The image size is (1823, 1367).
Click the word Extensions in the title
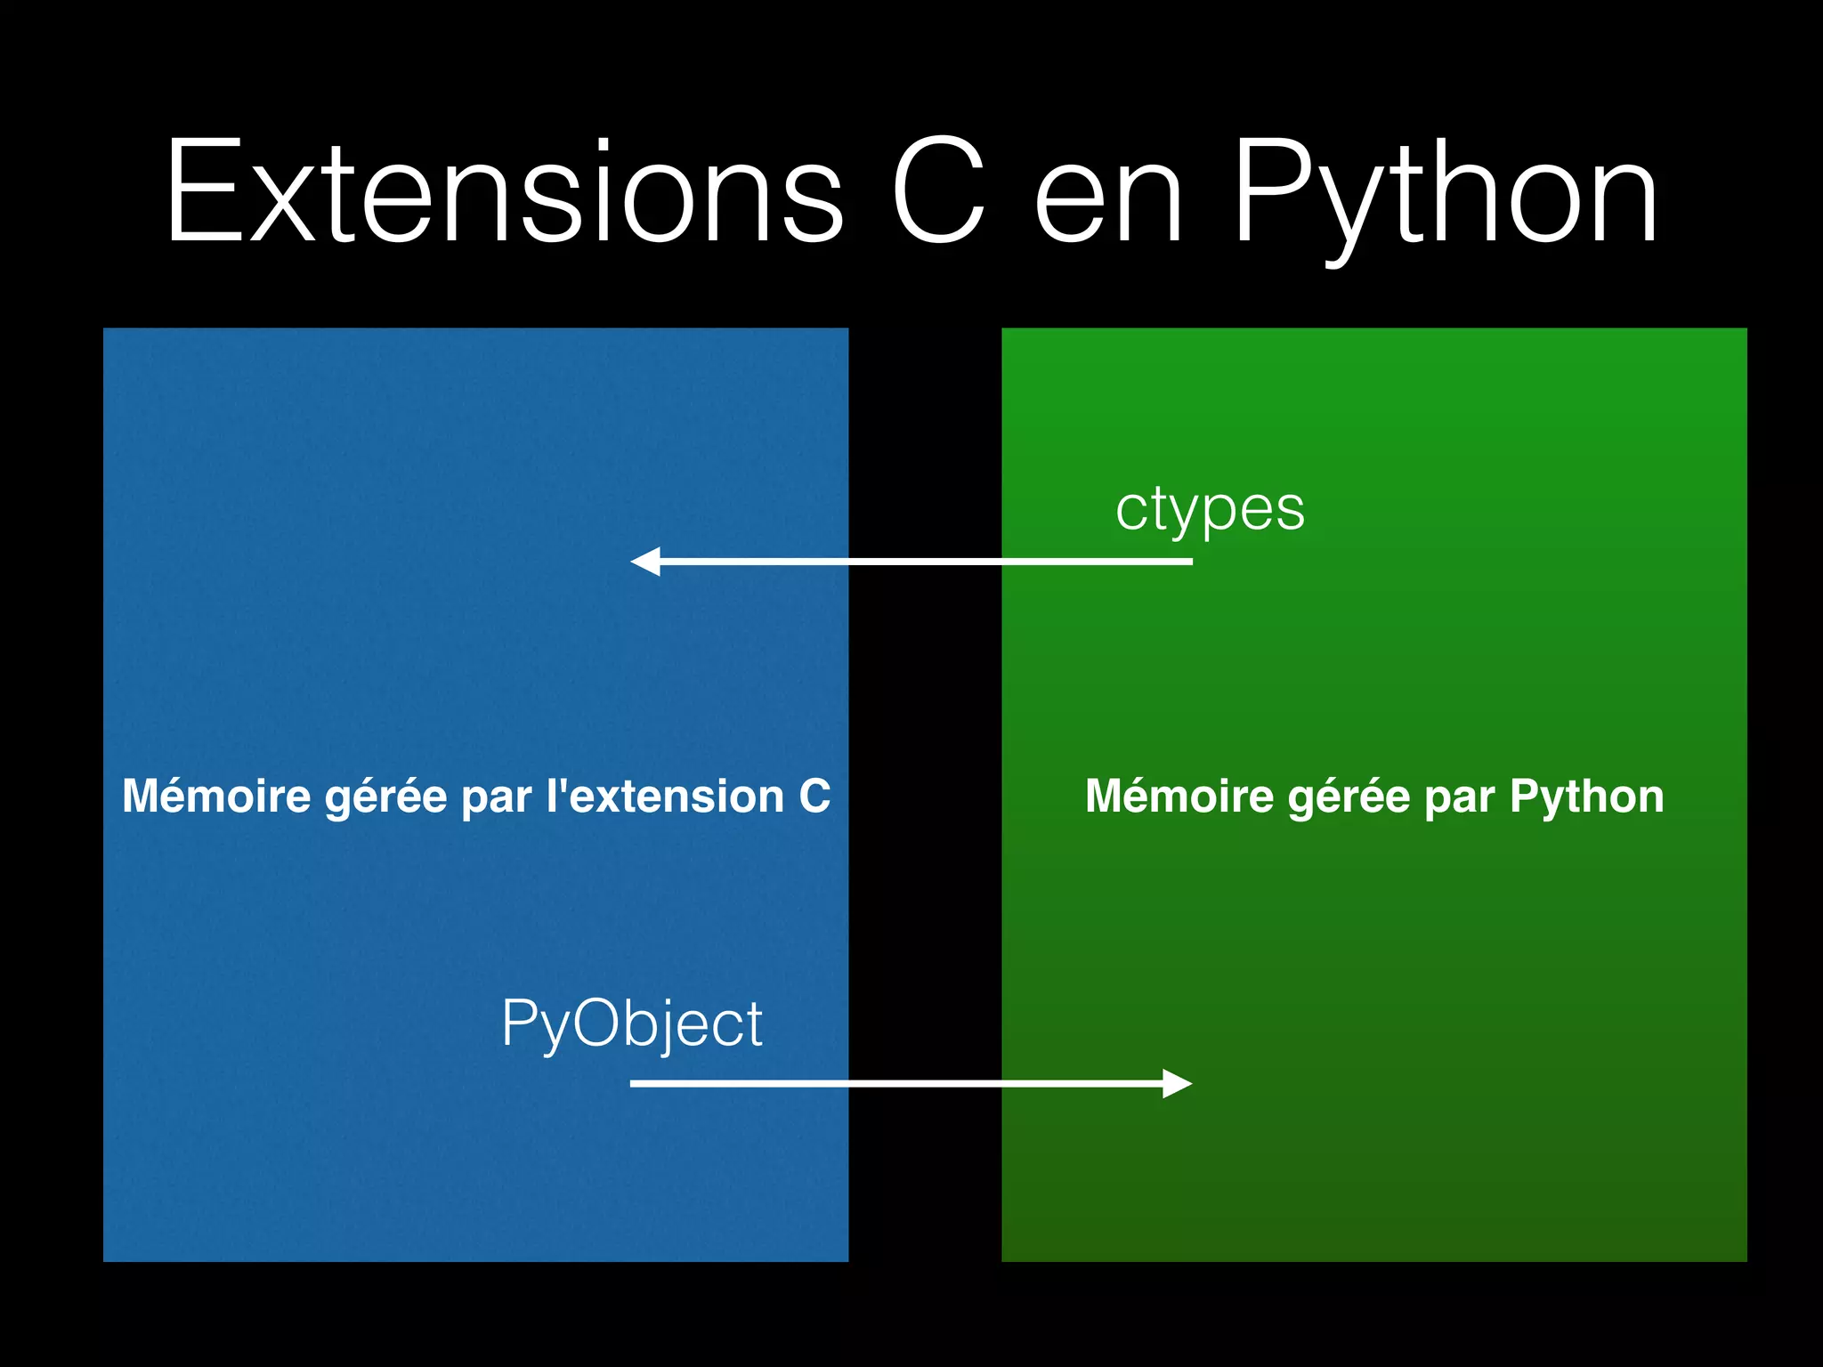point(504,191)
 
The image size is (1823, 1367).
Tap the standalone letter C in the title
point(938,191)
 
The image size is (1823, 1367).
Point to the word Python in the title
point(1446,196)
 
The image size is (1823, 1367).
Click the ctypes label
point(1210,510)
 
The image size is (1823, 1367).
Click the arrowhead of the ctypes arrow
point(645,562)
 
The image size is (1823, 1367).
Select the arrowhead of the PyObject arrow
point(1177,1083)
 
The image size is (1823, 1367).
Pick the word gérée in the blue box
point(385,797)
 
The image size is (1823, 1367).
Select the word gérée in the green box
point(1349,797)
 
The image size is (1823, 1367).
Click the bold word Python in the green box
point(1586,797)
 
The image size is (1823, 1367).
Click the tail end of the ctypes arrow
point(1188,562)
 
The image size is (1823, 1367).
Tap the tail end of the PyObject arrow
point(634,1083)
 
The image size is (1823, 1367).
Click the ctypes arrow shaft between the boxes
point(926,562)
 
